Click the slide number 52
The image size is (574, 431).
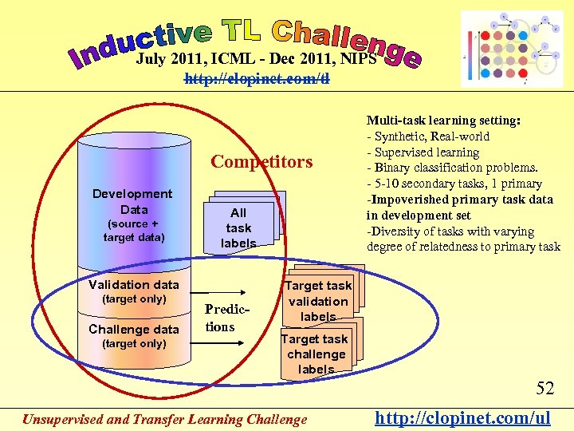click(545, 389)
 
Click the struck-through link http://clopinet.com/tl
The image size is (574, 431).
click(257, 79)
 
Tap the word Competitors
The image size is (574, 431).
click(261, 162)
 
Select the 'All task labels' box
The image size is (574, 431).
click(238, 227)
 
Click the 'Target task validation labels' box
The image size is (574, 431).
click(318, 301)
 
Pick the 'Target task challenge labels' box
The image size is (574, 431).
click(316, 354)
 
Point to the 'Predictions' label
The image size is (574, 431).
click(220, 318)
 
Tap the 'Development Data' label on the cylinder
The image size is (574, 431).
click(132, 201)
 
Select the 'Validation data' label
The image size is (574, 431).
click(134, 284)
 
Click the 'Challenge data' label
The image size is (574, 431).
click(134, 329)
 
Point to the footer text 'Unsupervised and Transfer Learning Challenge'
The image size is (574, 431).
click(164, 419)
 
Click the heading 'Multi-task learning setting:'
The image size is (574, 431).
click(443, 121)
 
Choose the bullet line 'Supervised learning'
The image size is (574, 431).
click(426, 152)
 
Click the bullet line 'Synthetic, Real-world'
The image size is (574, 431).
click(431, 136)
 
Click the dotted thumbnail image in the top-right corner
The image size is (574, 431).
click(512, 49)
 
